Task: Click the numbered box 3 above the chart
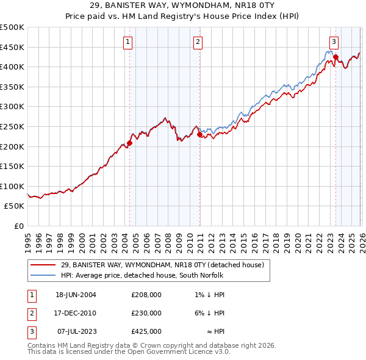(334, 41)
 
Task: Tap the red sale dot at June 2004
(129, 143)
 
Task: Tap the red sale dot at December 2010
(199, 134)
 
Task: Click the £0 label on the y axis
(18, 226)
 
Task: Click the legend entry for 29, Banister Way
(162, 265)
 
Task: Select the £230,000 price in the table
(146, 313)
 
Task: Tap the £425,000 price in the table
(146, 331)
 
